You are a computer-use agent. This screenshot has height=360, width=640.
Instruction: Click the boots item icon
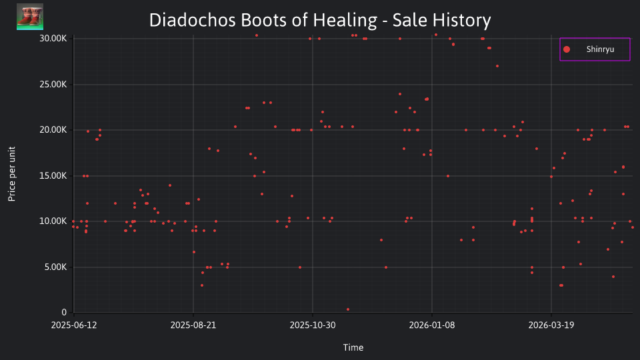pos(30,17)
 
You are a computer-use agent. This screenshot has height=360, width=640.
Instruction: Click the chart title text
pos(320,20)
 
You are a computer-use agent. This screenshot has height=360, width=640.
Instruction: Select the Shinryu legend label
pos(600,49)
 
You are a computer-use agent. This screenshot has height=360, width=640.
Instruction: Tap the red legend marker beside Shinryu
pos(567,49)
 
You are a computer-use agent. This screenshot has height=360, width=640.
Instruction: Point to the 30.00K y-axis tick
pos(53,39)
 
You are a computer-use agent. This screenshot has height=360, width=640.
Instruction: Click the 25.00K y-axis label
pos(53,85)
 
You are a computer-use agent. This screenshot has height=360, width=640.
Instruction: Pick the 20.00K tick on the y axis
pos(53,130)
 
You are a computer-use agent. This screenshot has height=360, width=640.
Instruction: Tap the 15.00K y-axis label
pos(53,175)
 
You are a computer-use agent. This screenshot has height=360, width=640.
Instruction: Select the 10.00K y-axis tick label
pos(53,221)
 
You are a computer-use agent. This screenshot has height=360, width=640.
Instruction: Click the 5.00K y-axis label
pos(55,267)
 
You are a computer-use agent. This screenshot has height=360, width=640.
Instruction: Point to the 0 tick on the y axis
pos(64,313)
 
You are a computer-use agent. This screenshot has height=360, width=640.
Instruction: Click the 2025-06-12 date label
pos(74,325)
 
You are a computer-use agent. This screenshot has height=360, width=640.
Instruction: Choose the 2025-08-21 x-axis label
pos(193,325)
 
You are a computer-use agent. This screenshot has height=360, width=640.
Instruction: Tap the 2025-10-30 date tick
pos(313,325)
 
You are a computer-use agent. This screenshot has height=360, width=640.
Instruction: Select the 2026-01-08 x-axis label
pos(432,325)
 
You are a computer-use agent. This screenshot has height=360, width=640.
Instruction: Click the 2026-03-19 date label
pos(551,325)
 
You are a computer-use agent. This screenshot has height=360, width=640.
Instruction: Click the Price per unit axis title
pos(12,174)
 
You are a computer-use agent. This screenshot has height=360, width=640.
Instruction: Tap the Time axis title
pos(353,347)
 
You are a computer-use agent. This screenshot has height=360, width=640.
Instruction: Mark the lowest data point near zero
pos(348,309)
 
